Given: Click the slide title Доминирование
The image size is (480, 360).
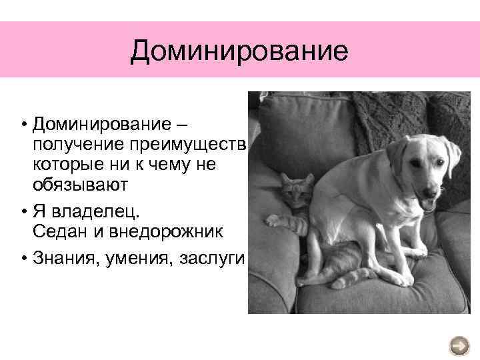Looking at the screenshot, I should point(239,51).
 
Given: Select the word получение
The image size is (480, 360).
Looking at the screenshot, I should point(70,145).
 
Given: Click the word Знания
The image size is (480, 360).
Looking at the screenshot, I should point(61,259).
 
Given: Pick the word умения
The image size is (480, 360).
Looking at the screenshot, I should point(130,259).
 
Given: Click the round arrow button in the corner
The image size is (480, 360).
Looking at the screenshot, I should point(460,345).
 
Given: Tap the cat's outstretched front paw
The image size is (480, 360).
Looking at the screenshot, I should point(275,221).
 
